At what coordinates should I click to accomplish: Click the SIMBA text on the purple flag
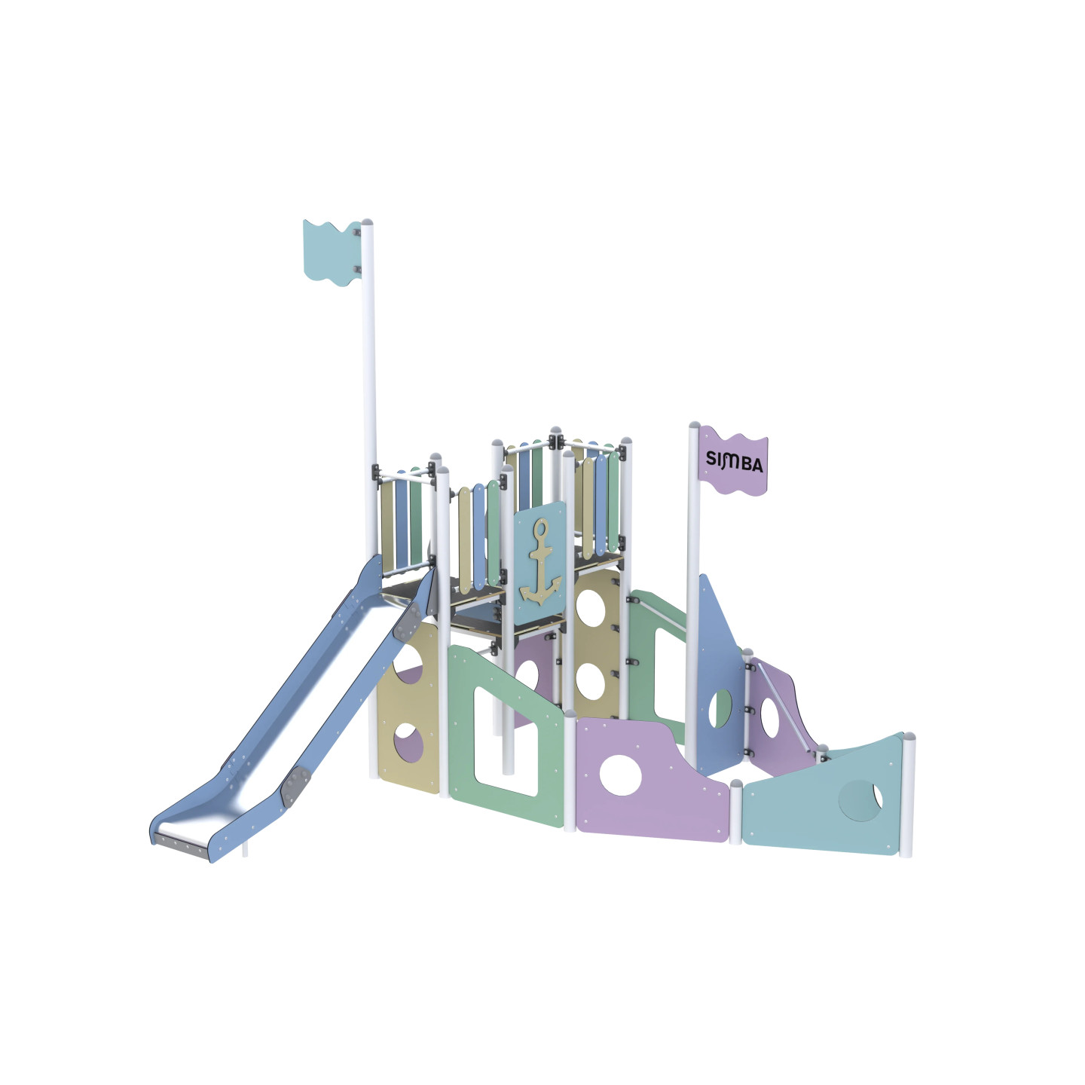[x=734, y=461]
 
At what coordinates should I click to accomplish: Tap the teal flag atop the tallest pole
[x=332, y=252]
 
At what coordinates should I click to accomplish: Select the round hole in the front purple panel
[x=620, y=775]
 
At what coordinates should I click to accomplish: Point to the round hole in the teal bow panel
[x=860, y=801]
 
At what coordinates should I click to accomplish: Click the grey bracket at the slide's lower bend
[x=295, y=785]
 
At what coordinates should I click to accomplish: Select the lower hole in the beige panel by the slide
[x=408, y=743]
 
